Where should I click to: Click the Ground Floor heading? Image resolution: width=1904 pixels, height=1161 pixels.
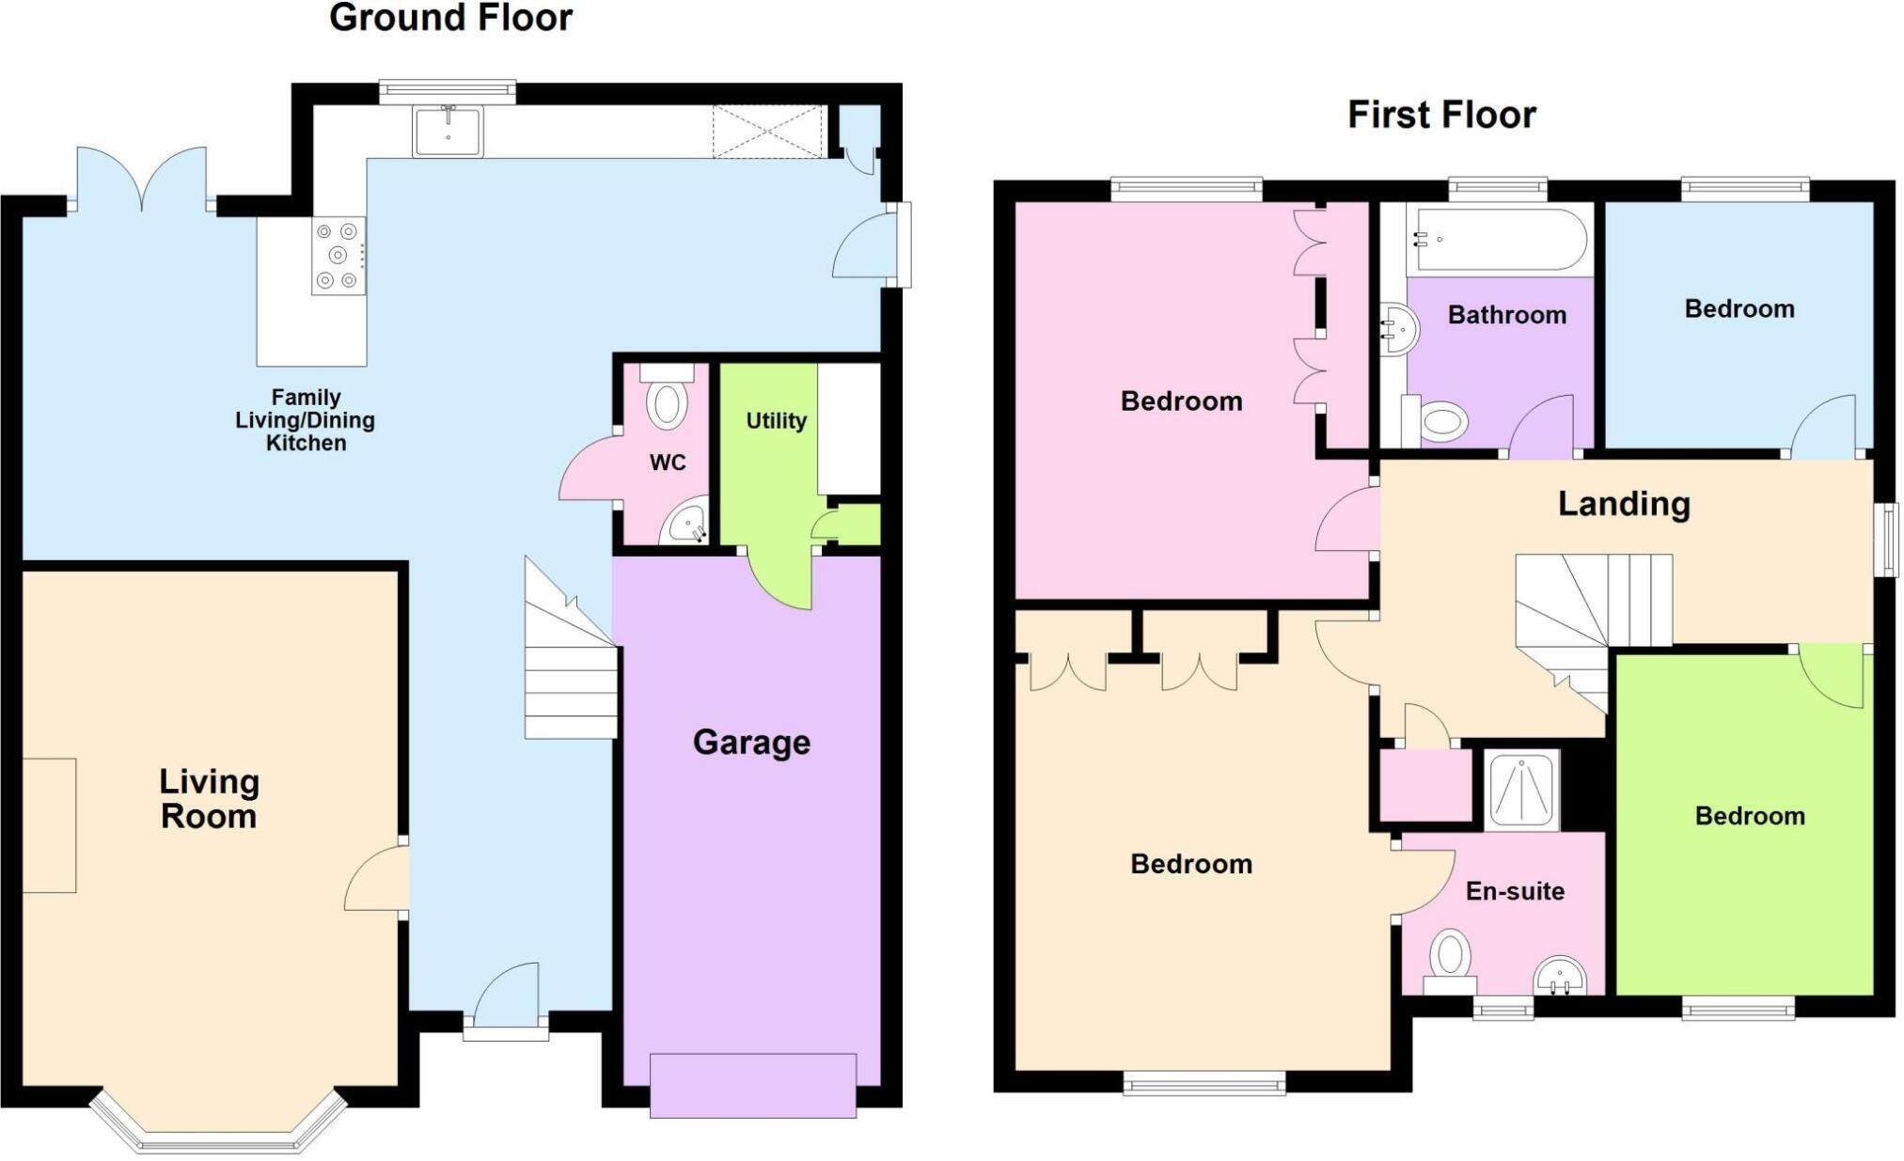pos(450,18)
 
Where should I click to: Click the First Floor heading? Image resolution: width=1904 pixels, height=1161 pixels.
pos(1441,115)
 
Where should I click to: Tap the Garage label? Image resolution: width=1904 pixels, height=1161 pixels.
pos(751,743)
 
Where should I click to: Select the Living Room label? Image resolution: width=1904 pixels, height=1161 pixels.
pos(208,798)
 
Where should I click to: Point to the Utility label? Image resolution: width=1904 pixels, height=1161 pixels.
pos(776,420)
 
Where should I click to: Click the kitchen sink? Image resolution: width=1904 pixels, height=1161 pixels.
pos(448,131)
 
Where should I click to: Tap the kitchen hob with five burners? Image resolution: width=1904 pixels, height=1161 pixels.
pos(338,255)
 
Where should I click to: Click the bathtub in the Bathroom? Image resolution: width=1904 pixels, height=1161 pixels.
pos(1498,240)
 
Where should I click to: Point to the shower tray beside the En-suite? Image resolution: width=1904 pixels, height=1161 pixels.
pos(1521,790)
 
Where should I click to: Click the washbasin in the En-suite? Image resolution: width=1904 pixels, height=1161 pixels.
pos(1560,978)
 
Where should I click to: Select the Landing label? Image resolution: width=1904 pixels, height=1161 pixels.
pos(1624,504)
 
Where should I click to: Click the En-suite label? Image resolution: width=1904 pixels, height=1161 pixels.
pos(1515,891)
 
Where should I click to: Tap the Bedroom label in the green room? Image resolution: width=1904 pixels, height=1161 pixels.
pos(1749,816)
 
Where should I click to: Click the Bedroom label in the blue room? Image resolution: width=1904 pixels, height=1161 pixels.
pos(1739,309)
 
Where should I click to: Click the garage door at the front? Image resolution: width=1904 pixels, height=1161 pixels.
pos(752,1086)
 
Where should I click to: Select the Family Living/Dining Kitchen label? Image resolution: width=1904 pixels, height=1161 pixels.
pos(305,420)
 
